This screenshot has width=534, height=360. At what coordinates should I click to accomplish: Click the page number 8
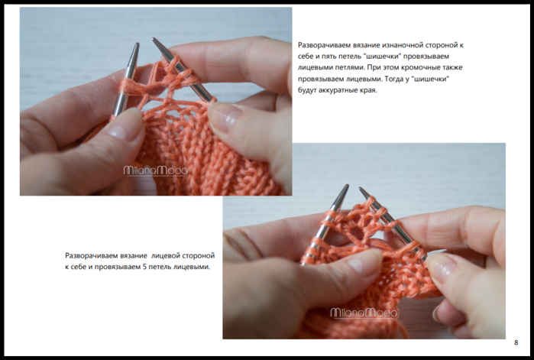(x=516, y=342)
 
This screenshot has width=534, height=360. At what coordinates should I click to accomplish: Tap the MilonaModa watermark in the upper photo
(x=155, y=170)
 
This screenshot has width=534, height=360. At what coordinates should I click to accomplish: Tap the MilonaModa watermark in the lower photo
(x=364, y=313)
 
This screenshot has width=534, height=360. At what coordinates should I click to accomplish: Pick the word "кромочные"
(x=419, y=68)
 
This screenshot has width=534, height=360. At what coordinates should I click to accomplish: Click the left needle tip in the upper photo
(x=137, y=44)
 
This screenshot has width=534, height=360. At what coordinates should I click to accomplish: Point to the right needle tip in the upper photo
(x=154, y=39)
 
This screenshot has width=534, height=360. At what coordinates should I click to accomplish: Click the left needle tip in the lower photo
(x=347, y=186)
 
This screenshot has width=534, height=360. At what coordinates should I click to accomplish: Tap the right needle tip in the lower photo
(x=360, y=188)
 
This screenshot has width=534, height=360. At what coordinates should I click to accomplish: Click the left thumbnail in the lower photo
(x=363, y=261)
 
